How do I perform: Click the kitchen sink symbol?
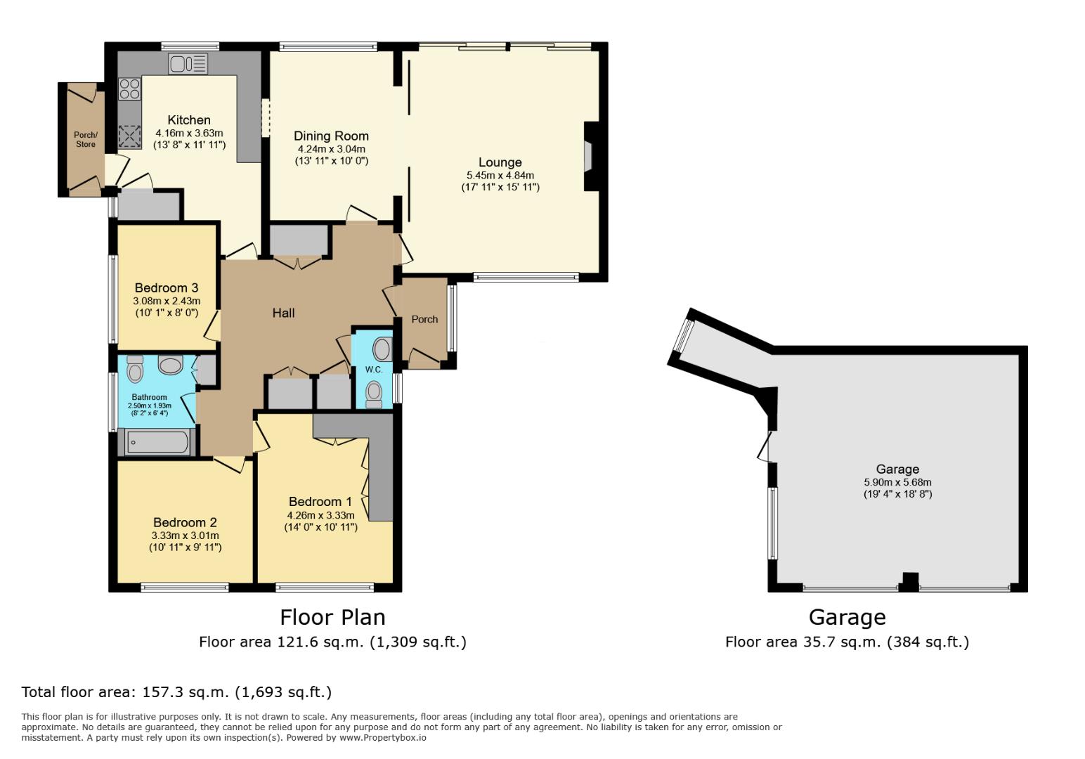tap(188, 64)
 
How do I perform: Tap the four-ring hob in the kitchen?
tap(129, 88)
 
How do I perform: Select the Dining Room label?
tap(330, 136)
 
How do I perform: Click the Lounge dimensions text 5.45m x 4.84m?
tap(500, 175)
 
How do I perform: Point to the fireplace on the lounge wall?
tap(589, 156)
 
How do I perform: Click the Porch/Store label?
tap(86, 140)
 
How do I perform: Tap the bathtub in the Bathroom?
tap(157, 442)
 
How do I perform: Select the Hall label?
tap(283, 313)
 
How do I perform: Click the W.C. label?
tap(374, 370)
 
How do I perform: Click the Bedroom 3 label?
tap(166, 287)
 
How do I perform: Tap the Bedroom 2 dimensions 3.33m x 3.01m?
tap(185, 535)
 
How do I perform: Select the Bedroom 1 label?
tap(320, 501)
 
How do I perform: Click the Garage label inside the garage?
tap(897, 469)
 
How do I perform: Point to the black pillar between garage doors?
tap(909, 582)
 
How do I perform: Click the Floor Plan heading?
tap(332, 617)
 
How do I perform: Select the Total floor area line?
tap(176, 692)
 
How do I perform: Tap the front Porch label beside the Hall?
tap(424, 319)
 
